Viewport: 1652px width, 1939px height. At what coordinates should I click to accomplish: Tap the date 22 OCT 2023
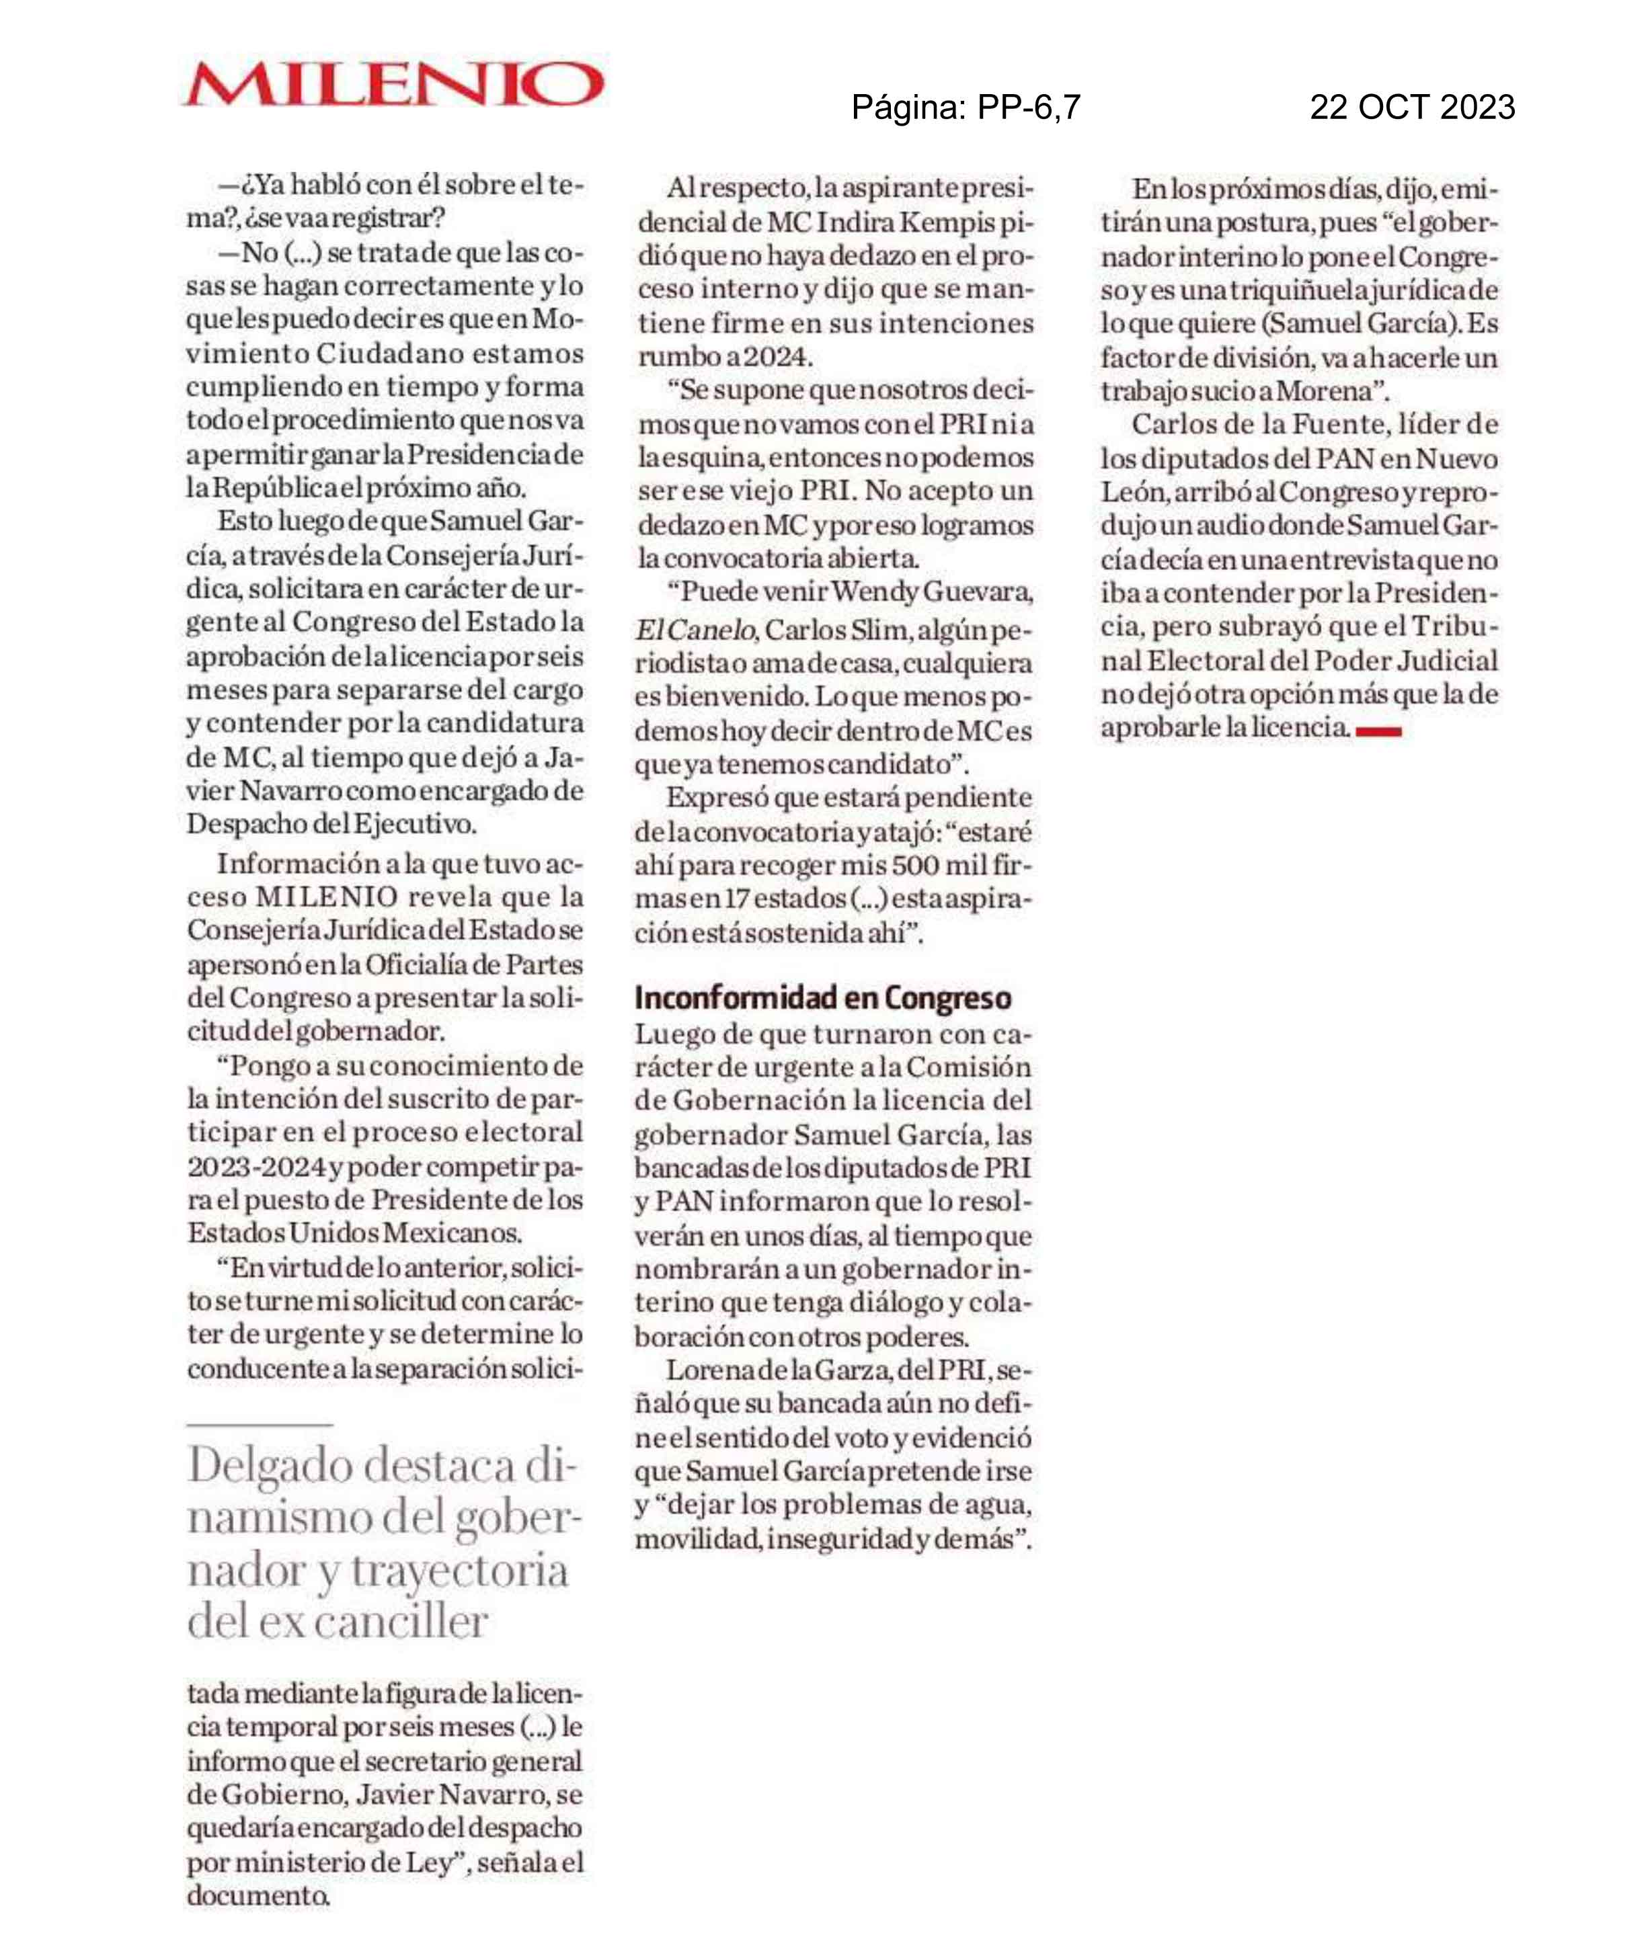[1411, 108]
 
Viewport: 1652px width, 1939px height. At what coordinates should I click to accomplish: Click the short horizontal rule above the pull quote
[260, 1424]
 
